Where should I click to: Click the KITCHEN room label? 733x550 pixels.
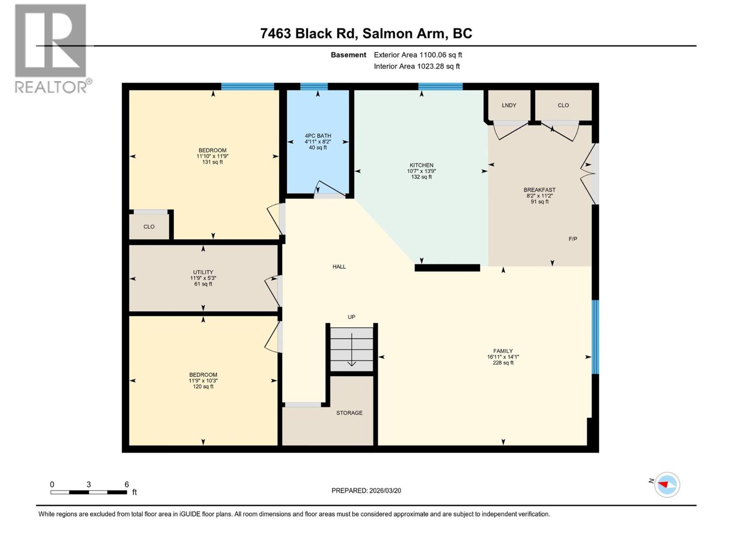coord(421,165)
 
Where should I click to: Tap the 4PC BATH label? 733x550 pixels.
coord(318,136)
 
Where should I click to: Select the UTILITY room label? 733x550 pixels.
coord(203,272)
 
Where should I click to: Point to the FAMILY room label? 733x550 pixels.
coord(503,351)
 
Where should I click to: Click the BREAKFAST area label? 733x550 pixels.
coord(540,190)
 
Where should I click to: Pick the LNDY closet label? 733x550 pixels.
coord(509,105)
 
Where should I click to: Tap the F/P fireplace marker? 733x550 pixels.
coord(573,239)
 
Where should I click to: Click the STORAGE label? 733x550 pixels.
coord(349,413)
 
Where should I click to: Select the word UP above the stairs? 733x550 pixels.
coord(351,317)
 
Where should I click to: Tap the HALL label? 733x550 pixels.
coord(339,267)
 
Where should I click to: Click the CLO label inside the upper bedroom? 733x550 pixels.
coord(149,227)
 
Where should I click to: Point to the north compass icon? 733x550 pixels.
coord(667,484)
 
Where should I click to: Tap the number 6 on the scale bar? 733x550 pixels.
coord(126,484)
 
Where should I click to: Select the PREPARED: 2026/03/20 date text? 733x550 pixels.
coord(366,490)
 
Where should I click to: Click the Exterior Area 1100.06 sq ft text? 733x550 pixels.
coord(418,55)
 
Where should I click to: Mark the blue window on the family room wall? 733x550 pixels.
coord(595,337)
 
